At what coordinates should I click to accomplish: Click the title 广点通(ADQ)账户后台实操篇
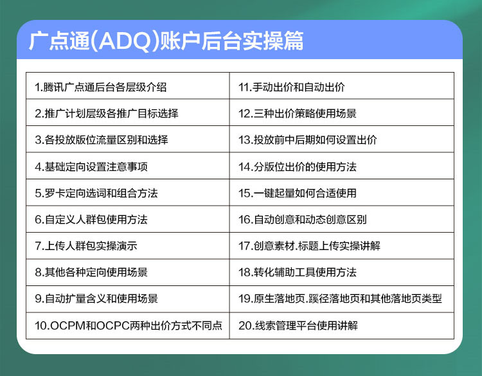click(166, 41)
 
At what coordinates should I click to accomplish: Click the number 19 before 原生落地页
click(245, 298)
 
